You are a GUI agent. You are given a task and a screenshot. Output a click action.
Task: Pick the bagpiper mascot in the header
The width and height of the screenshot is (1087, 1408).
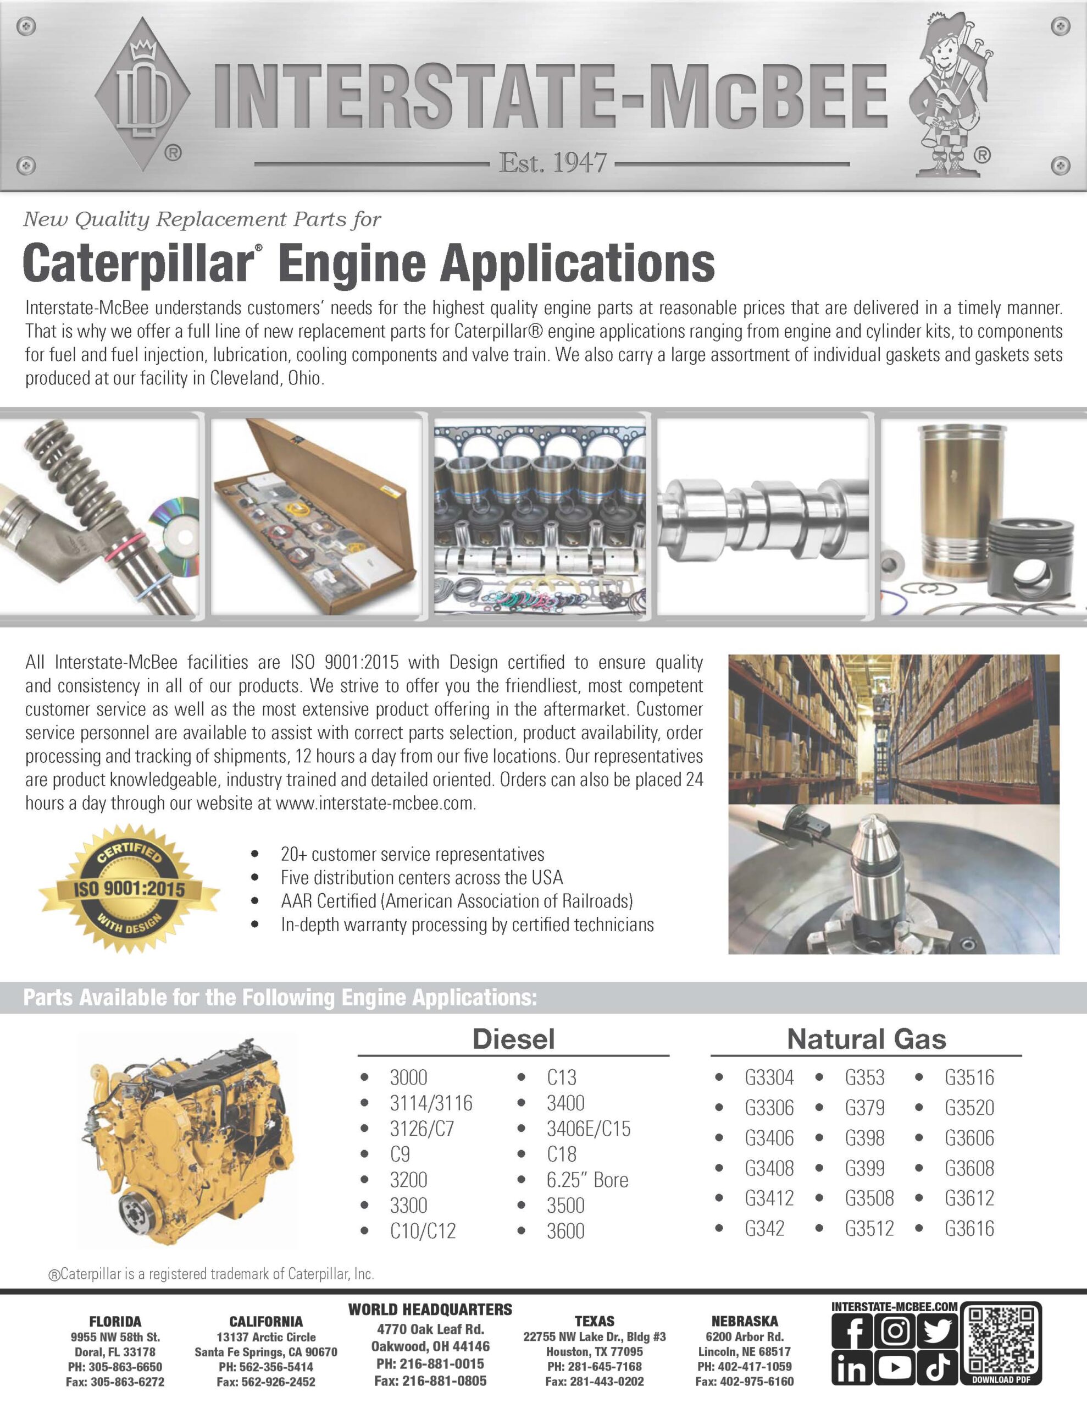(950, 97)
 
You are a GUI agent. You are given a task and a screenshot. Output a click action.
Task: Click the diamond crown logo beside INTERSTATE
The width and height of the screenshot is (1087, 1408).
(142, 94)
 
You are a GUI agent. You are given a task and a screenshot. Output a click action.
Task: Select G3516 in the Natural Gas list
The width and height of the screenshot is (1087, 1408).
(969, 1077)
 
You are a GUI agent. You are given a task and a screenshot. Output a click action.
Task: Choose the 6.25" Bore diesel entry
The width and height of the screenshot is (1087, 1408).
(587, 1180)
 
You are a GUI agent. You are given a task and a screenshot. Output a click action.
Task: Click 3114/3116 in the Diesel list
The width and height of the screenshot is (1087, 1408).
(430, 1103)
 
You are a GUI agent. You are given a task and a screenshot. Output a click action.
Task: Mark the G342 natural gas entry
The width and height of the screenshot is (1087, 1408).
(764, 1228)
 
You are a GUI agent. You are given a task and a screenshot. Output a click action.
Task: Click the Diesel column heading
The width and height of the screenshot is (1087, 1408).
(513, 1039)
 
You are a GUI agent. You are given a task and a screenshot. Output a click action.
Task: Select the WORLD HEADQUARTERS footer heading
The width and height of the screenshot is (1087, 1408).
(430, 1310)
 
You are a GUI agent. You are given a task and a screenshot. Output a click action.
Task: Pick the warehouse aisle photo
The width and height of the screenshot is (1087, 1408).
(893, 729)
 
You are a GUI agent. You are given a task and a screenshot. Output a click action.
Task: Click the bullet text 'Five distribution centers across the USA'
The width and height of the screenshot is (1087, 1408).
(422, 877)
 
